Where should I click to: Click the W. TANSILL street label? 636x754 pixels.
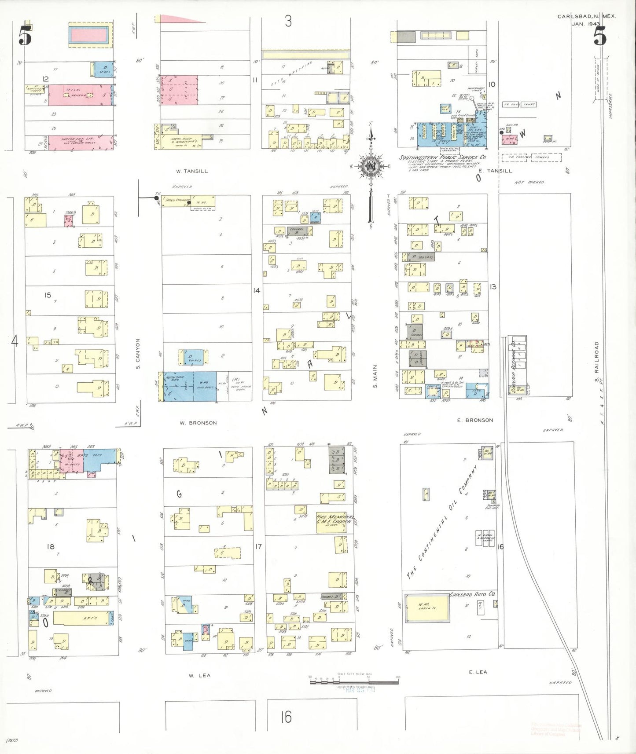click(191, 171)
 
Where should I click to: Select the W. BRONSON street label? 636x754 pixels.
click(198, 423)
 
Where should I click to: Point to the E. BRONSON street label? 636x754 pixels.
click(475, 420)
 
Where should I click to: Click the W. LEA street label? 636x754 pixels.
click(199, 675)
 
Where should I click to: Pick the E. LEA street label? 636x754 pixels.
click(478, 672)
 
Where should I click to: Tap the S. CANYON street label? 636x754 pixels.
click(138, 353)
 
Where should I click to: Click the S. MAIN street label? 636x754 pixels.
click(375, 376)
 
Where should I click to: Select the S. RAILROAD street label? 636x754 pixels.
click(597, 362)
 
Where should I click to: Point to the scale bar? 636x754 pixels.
click(354, 681)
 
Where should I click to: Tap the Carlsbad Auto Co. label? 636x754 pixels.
click(472, 594)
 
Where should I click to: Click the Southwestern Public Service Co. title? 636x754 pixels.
click(442, 157)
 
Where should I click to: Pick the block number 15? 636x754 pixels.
click(48, 295)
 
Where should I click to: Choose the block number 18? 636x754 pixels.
click(51, 546)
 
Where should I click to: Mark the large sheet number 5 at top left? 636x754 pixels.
click(25, 35)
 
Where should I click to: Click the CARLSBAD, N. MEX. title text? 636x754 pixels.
click(586, 16)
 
